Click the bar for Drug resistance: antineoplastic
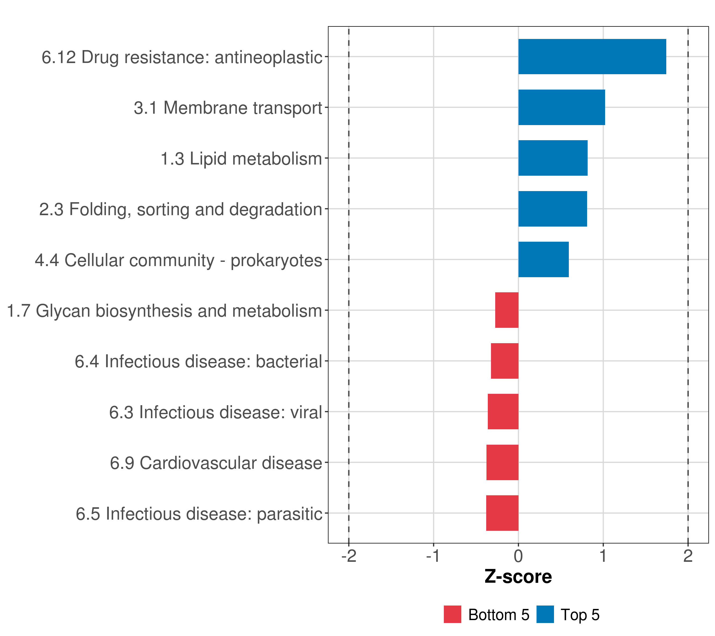592,57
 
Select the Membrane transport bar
561,108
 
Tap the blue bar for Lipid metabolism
553,158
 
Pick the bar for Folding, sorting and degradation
552,209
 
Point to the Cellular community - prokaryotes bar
543,259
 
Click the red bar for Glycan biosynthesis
507,310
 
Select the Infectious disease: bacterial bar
504,361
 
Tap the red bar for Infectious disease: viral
503,412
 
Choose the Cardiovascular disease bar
502,462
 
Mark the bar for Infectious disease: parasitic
502,513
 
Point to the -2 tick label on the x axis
349,556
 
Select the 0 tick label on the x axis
519,556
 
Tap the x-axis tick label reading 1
603,556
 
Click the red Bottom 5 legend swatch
452,614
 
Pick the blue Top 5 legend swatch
545,614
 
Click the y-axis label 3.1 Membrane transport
228,108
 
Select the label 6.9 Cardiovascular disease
216,463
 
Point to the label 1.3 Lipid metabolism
241,158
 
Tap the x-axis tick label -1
433,556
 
